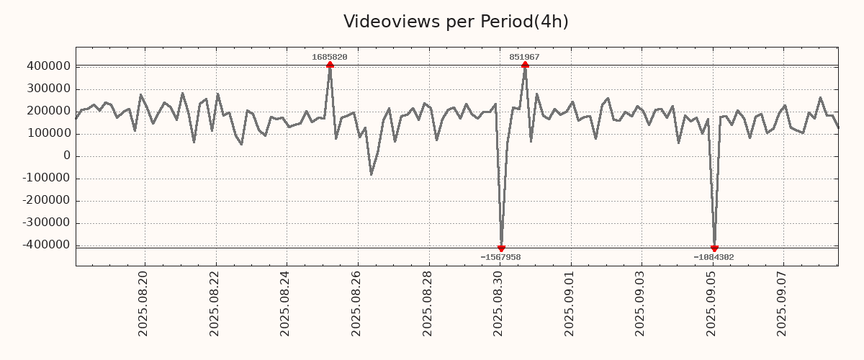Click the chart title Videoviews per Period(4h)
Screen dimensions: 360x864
pyautogui.click(x=456, y=22)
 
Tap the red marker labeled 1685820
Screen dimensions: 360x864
pyautogui.click(x=330, y=65)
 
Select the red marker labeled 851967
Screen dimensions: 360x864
pyautogui.click(x=525, y=65)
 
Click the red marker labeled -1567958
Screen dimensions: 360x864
pyautogui.click(x=501, y=248)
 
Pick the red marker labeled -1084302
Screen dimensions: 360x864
pyautogui.click(x=714, y=248)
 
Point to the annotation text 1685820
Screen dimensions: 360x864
pyautogui.click(x=330, y=57)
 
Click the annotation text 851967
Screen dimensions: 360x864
pyautogui.click(x=525, y=57)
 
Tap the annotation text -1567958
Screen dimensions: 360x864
pyautogui.click(x=500, y=257)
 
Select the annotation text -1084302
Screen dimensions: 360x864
pyautogui.click(x=714, y=257)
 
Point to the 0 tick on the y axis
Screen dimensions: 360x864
pyautogui.click(x=66, y=156)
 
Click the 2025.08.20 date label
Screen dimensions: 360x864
pyautogui.click(x=143, y=303)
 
